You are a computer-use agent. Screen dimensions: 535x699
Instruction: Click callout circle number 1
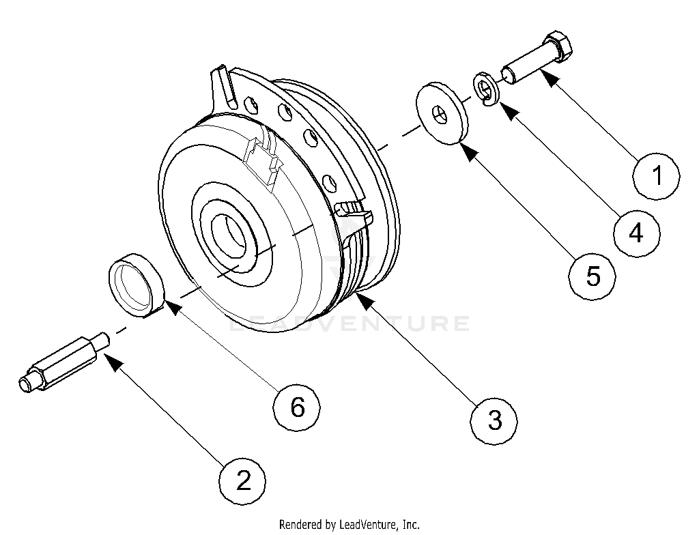[x=656, y=177]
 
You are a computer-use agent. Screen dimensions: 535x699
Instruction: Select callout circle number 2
[x=242, y=481]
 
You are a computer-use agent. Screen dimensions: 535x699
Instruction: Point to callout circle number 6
[x=297, y=407]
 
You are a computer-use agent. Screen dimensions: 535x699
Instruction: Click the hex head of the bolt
[x=562, y=47]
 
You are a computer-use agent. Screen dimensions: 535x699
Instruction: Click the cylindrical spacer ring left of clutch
[x=137, y=285]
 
